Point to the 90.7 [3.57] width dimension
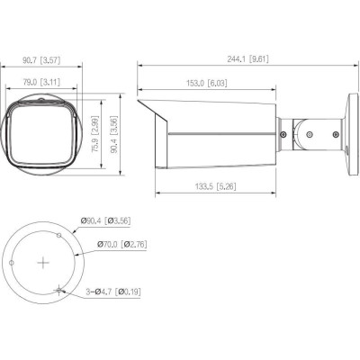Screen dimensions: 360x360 tap(43, 62)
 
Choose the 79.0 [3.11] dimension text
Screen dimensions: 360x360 tap(43, 82)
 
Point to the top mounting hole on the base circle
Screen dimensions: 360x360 tap(59, 234)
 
